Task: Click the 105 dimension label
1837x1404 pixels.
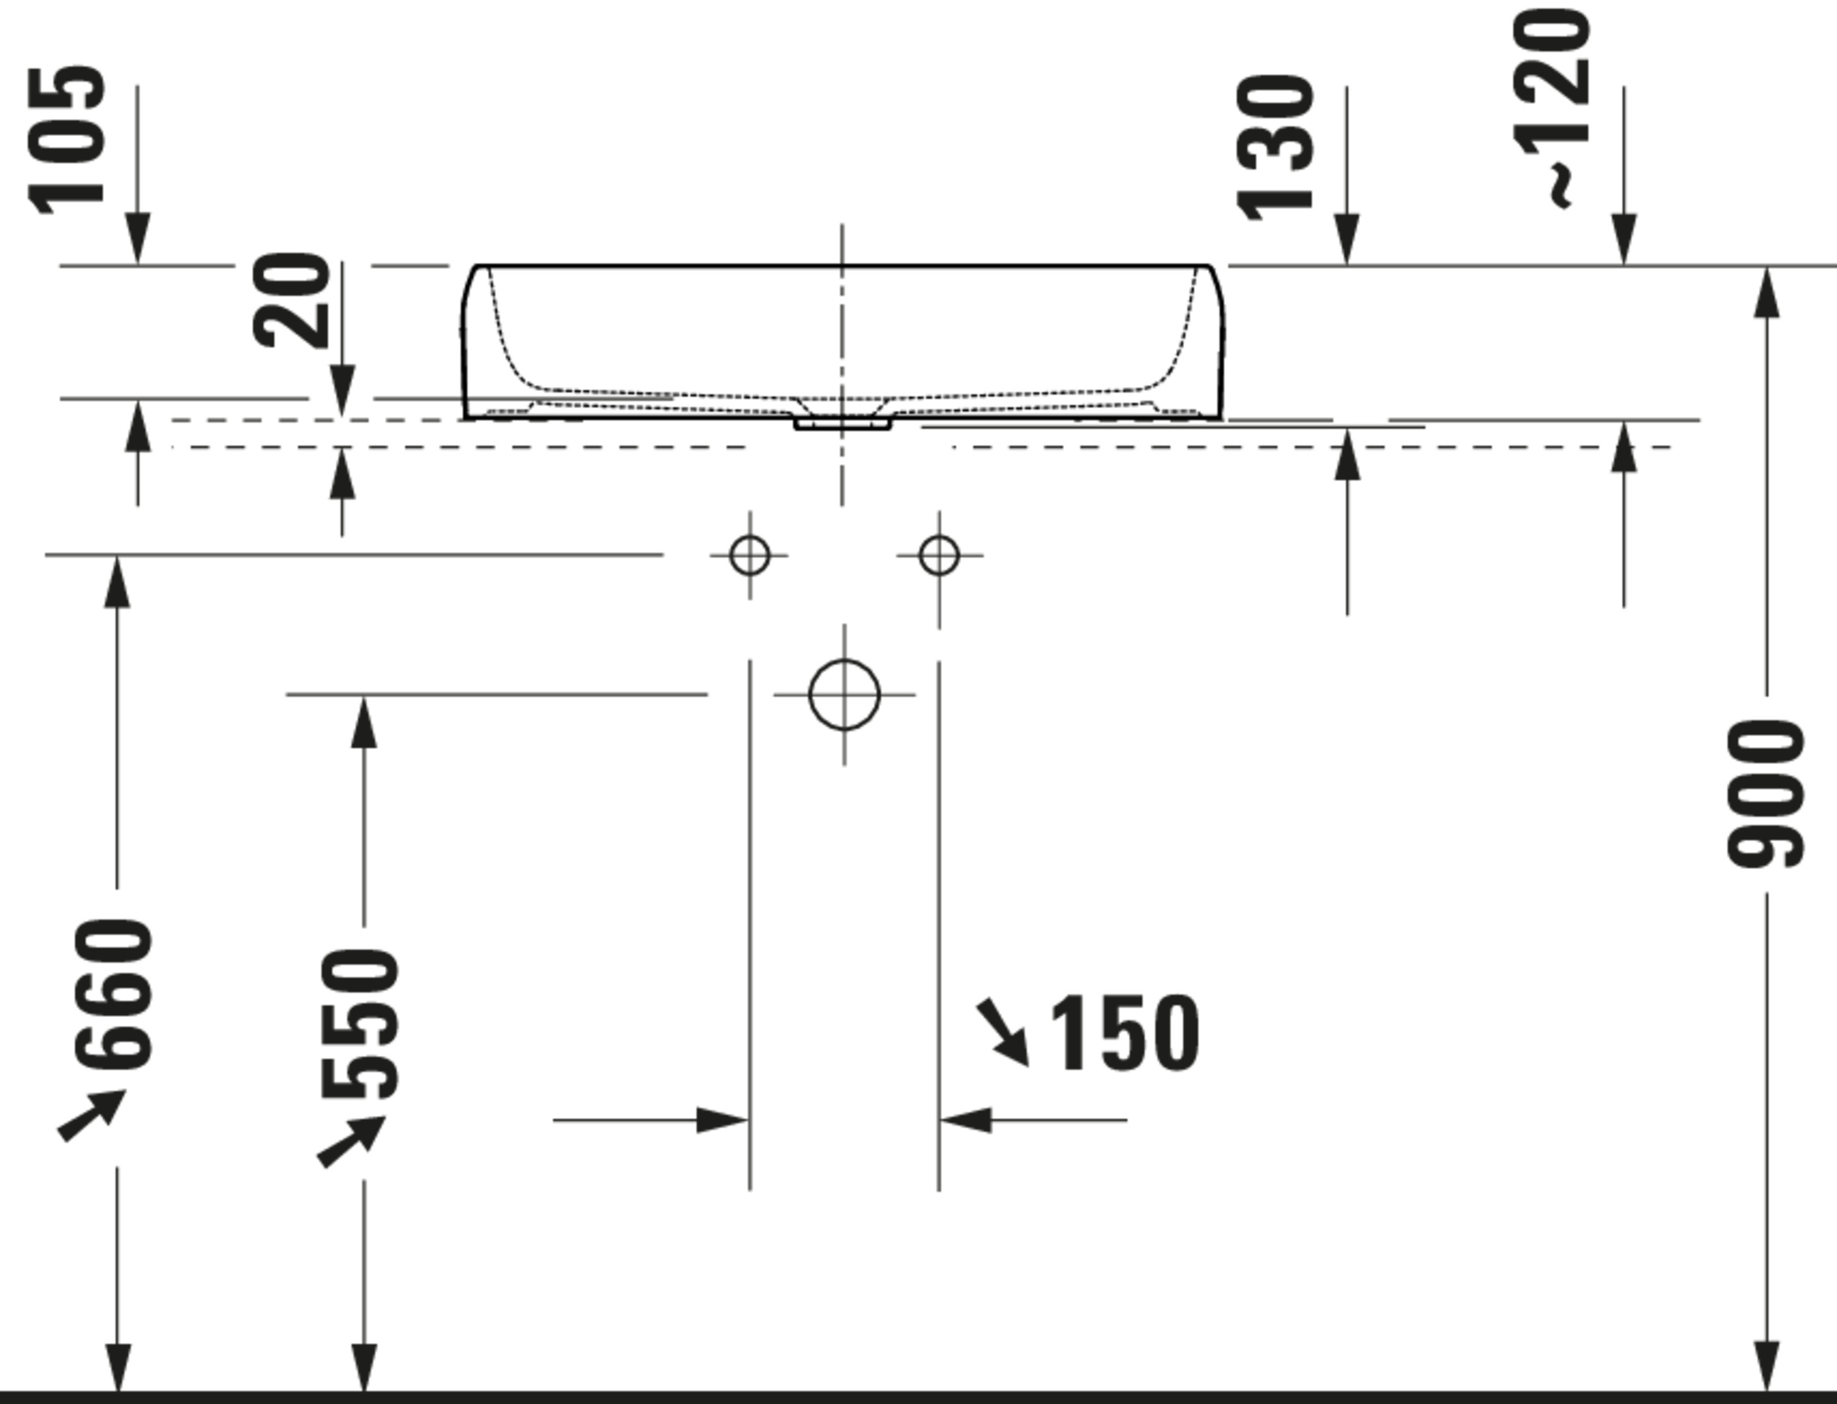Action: pos(67,140)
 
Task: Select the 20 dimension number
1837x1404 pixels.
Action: pos(291,300)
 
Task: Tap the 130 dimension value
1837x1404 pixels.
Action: pos(1274,148)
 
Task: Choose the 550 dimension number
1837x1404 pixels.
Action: pos(360,1023)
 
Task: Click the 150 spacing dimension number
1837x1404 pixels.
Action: pos(1124,1033)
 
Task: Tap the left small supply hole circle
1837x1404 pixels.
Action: pos(749,555)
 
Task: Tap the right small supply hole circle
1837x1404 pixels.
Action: pos(939,555)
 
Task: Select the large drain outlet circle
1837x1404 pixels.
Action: pos(844,694)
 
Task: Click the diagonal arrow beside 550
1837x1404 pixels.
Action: pos(351,1141)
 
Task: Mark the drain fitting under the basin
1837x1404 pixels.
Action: pos(843,424)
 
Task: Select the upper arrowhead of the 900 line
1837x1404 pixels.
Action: pos(1766,293)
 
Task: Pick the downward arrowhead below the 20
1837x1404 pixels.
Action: pos(342,391)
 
